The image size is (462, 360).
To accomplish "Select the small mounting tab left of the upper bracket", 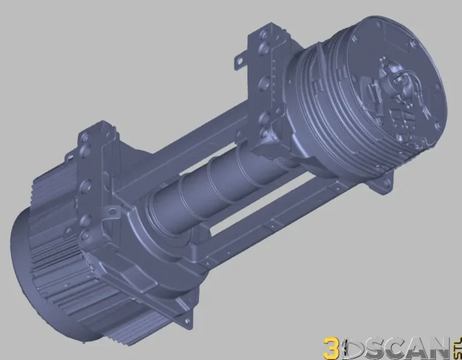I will [240, 59].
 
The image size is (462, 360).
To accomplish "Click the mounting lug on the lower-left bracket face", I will [111, 212].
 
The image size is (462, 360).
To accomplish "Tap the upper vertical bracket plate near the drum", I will [265, 84].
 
